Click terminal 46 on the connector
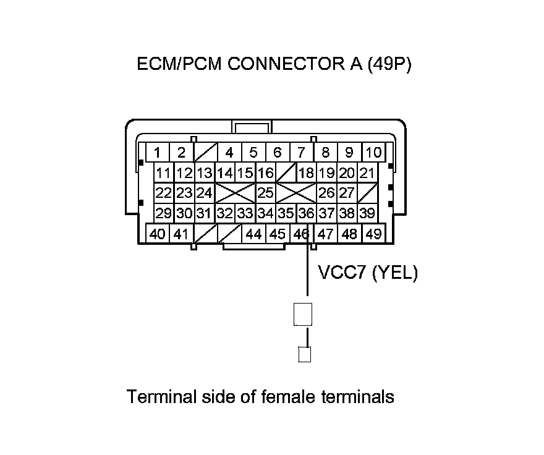coord(301,234)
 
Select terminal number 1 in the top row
coord(158,152)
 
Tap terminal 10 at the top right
coord(373,152)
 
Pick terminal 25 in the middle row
coord(265,193)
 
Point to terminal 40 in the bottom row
coord(158,234)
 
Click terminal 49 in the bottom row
coord(373,234)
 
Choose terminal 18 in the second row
coord(306,172)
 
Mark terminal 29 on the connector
coord(163,214)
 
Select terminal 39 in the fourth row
coord(367,214)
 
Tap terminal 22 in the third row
coord(163,193)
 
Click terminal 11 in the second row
coord(163,172)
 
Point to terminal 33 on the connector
coord(245,214)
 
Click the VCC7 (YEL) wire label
coord(367,273)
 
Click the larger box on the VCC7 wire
coord(303,314)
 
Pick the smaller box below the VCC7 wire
coord(304,354)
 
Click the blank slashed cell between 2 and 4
coord(205,152)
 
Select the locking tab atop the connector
coord(252,127)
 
